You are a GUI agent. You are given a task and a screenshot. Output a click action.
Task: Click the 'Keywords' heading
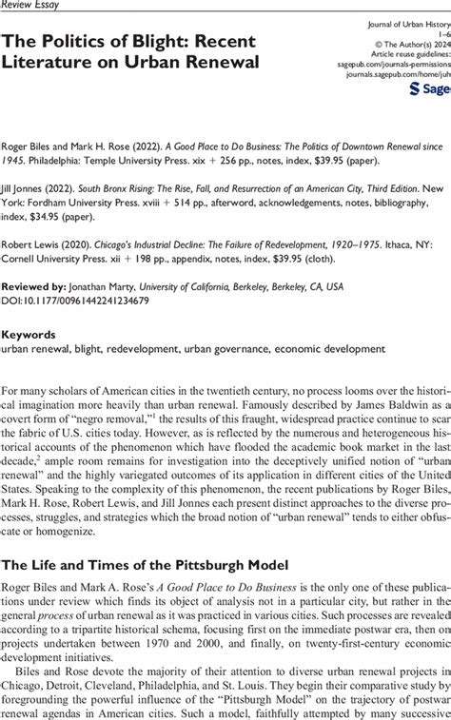tap(29, 335)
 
